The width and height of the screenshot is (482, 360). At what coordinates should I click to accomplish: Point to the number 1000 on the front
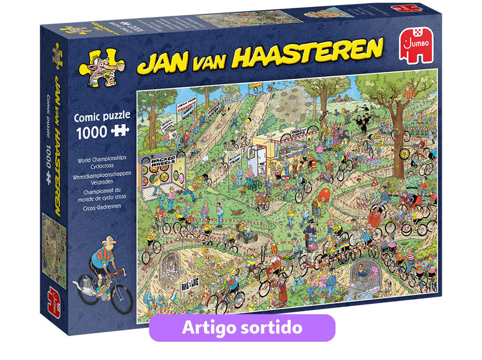(x=91, y=133)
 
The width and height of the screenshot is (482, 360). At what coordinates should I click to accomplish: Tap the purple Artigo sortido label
(x=242, y=328)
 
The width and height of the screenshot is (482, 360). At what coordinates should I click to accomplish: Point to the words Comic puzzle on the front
(x=102, y=116)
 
